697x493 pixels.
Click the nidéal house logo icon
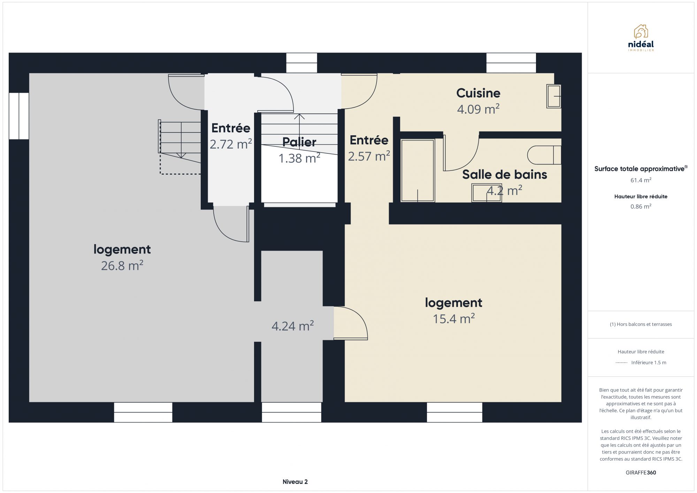(x=641, y=31)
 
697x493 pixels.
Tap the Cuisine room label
(x=478, y=93)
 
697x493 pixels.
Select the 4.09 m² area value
(x=478, y=109)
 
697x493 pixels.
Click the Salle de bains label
(x=505, y=174)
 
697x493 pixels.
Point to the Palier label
(x=299, y=142)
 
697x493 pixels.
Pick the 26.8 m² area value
(x=122, y=266)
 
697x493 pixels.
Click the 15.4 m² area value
(x=454, y=319)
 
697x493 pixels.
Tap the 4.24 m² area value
(x=293, y=326)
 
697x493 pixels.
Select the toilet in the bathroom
(x=544, y=155)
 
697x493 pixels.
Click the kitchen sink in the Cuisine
(x=553, y=96)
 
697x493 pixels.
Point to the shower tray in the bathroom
(x=418, y=170)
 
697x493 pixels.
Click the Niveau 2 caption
(x=295, y=482)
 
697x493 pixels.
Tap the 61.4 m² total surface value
(x=641, y=180)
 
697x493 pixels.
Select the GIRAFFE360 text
(x=641, y=473)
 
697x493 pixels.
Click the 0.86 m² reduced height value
(x=641, y=206)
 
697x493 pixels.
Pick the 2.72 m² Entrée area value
(x=231, y=144)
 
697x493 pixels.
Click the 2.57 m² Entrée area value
(x=369, y=156)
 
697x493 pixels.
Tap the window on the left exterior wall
(x=19, y=116)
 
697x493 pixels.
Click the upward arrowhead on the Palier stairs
(x=299, y=116)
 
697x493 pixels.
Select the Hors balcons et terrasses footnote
(x=641, y=324)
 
